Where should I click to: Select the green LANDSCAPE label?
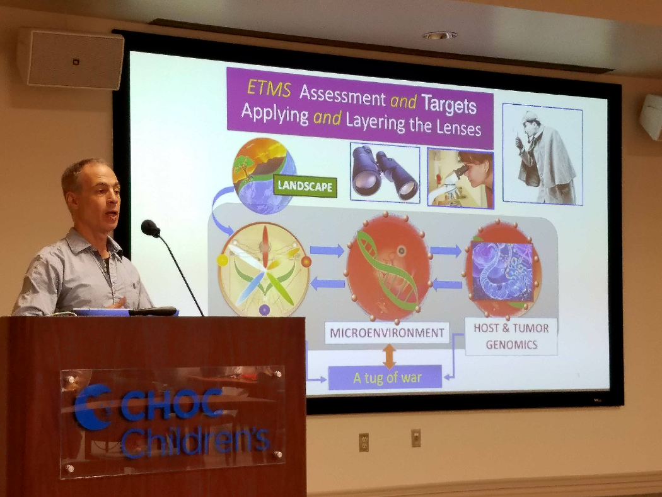click(305, 186)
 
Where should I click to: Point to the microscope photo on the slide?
click(460, 178)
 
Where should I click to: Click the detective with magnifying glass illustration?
click(542, 154)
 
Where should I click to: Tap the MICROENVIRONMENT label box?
click(386, 333)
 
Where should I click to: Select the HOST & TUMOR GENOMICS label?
click(511, 336)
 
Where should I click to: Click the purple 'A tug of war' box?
click(385, 377)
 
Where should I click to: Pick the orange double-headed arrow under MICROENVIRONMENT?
click(389, 356)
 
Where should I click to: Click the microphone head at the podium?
click(150, 229)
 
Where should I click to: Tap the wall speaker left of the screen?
click(71, 59)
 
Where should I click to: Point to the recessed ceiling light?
click(439, 35)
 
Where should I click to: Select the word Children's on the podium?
click(195, 441)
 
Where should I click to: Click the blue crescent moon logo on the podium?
click(91, 407)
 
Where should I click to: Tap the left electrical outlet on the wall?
click(364, 442)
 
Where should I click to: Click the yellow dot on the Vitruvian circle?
click(223, 260)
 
